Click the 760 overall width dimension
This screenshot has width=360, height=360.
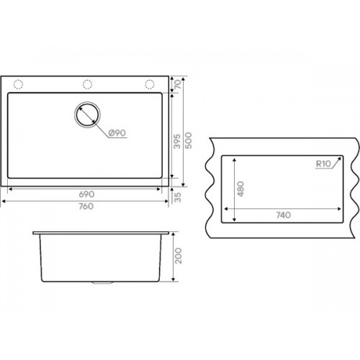86,206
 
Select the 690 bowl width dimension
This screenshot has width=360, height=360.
86,194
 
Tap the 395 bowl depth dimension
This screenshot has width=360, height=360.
177,141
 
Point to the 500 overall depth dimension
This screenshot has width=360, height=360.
189,140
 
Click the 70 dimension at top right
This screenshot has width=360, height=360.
178,84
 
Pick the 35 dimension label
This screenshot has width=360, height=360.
177,197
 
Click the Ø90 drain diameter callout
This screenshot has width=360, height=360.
117,132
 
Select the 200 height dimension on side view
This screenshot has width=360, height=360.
178,256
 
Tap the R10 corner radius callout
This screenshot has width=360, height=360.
323,164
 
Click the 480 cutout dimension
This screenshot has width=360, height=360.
240,189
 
